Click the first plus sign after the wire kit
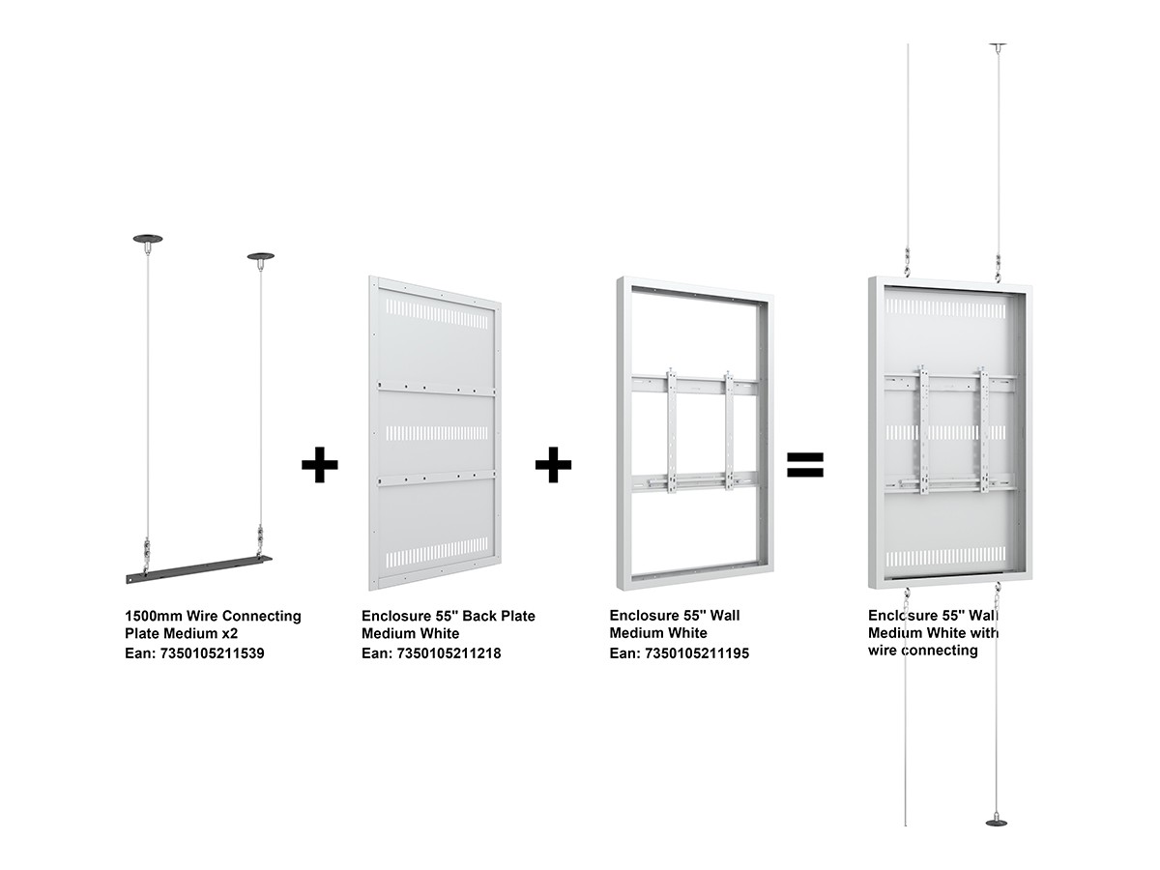tap(319, 465)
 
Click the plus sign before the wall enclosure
tap(553, 465)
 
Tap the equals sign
tap(805, 465)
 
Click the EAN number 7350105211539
tap(212, 653)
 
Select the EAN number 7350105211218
tap(449, 653)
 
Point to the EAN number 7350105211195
tap(697, 653)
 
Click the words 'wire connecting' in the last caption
tap(923, 651)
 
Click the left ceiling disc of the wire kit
tap(148, 240)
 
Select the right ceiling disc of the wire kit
tap(261, 257)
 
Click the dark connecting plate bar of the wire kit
tap(199, 569)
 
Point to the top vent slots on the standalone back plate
tap(437, 314)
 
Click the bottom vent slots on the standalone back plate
tap(437, 553)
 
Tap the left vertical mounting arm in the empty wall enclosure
tap(671, 430)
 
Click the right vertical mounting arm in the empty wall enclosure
tap(729, 430)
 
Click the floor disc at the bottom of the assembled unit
tap(997, 823)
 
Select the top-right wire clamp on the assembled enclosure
tap(998, 269)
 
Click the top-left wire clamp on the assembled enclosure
tap(908, 263)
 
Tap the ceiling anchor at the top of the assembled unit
tap(998, 46)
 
